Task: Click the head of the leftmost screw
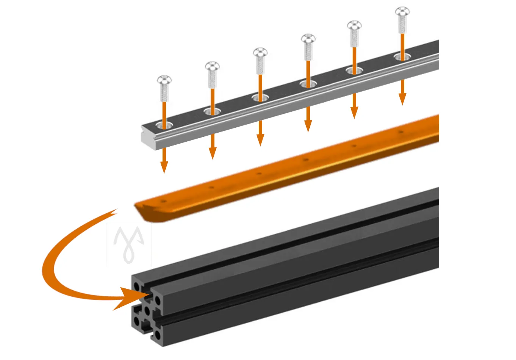[x=164, y=80]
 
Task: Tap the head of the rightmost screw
[x=402, y=12]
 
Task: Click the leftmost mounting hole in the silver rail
[x=164, y=125]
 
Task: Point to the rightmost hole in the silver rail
[x=402, y=57]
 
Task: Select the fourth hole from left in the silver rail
[x=308, y=84]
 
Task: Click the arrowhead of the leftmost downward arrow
[x=164, y=167]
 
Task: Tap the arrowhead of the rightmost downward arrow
[x=402, y=99]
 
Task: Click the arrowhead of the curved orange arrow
[x=127, y=298]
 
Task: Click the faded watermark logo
[x=129, y=244]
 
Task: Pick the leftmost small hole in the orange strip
[x=164, y=201]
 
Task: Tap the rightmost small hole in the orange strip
[x=401, y=132]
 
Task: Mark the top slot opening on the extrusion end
[x=146, y=292]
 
